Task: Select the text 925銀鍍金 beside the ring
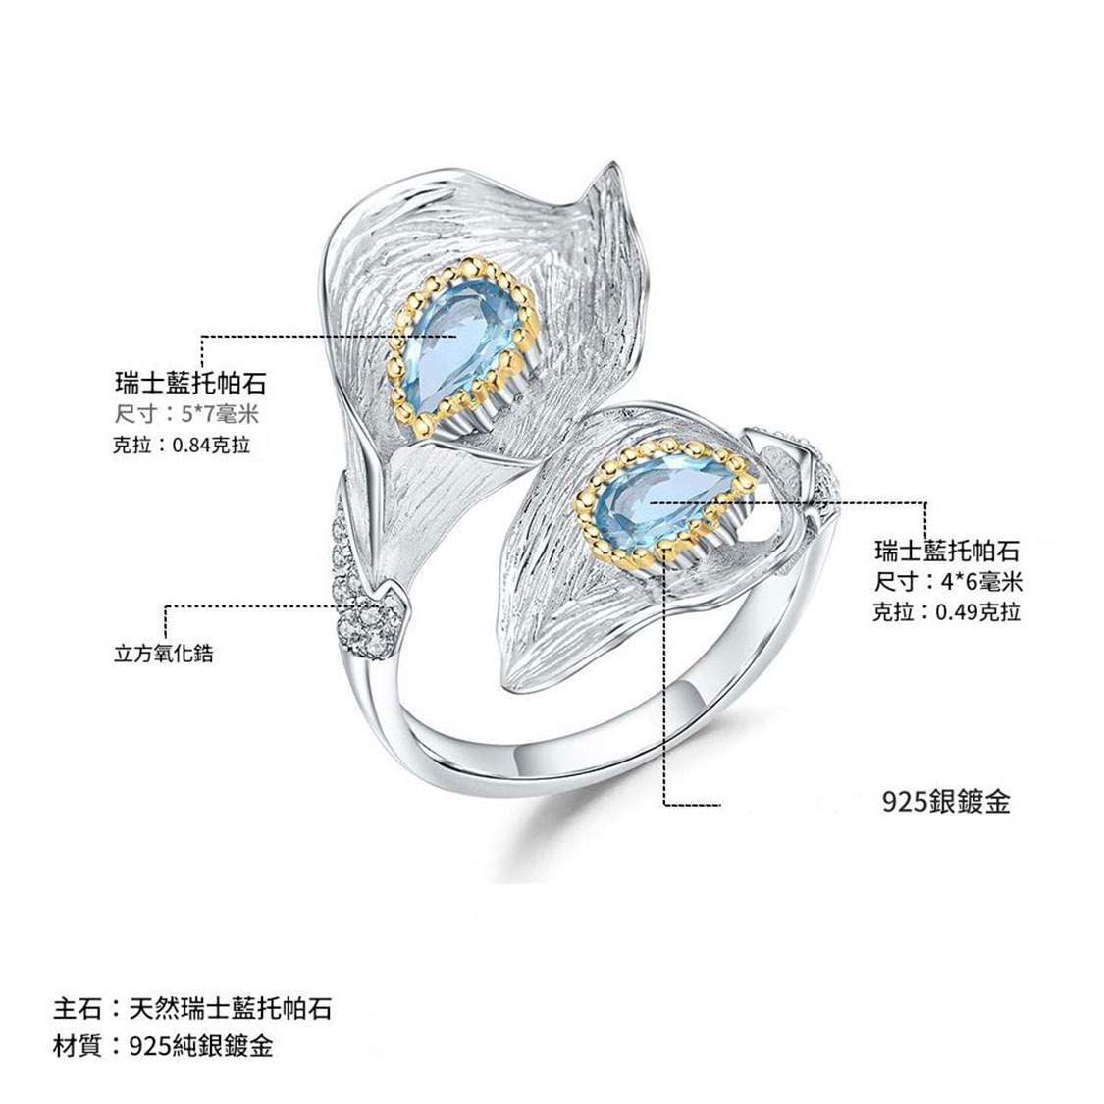tap(947, 802)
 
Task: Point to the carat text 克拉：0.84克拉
tap(183, 445)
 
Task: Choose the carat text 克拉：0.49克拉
tap(947, 612)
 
